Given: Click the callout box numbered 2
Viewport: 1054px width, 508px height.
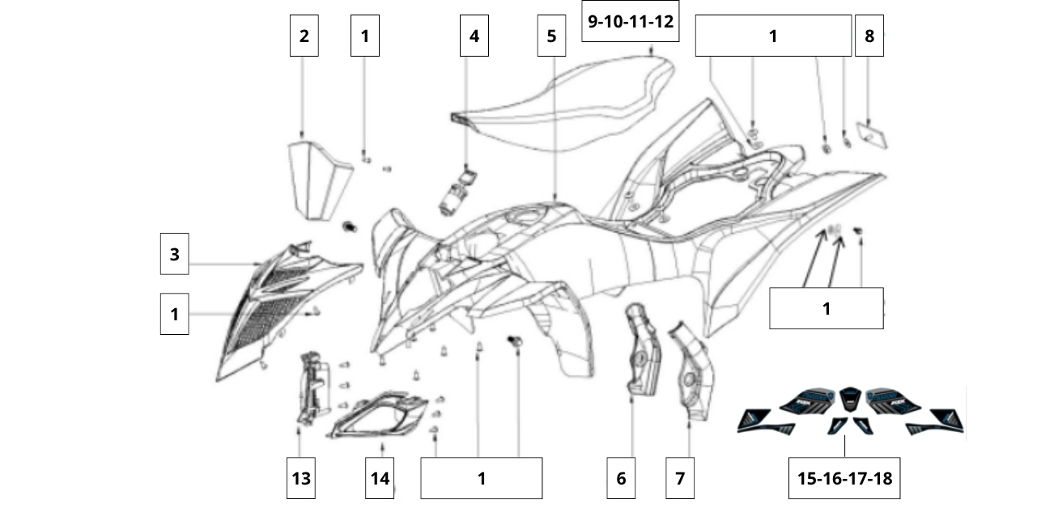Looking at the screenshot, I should (304, 36).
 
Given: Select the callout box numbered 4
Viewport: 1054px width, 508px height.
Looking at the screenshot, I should (474, 36).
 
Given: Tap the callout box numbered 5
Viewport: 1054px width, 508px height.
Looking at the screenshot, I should (551, 36).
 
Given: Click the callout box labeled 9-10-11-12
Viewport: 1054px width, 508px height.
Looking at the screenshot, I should (630, 21).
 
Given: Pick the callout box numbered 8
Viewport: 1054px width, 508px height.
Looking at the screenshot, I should (869, 36).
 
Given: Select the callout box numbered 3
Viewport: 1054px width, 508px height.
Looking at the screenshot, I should (174, 254).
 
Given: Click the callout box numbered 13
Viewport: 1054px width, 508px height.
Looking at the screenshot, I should (301, 478).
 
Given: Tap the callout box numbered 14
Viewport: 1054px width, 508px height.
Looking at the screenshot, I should (380, 478).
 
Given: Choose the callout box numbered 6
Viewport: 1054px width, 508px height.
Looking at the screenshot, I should (621, 478).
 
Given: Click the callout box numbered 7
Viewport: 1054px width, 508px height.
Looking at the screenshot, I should (680, 478).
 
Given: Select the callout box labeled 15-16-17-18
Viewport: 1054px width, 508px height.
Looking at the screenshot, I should (844, 478).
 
